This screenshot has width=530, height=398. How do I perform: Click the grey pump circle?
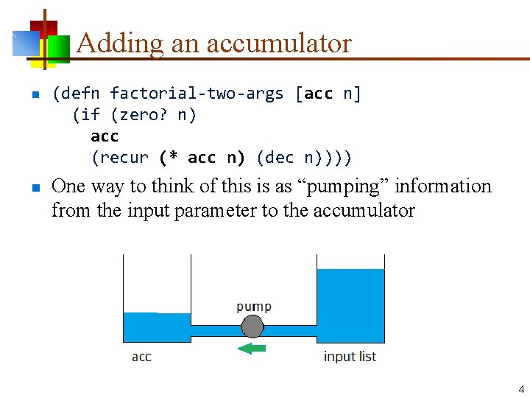pos(252,326)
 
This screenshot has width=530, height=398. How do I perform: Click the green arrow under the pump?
pos(252,348)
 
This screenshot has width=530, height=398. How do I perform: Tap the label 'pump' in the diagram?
pos(253,306)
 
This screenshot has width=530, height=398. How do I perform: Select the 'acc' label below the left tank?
pos(141,357)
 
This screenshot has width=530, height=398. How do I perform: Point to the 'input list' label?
pos(350,357)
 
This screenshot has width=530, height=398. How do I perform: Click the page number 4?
pos(521,389)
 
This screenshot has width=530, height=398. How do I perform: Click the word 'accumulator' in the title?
pos(279,43)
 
